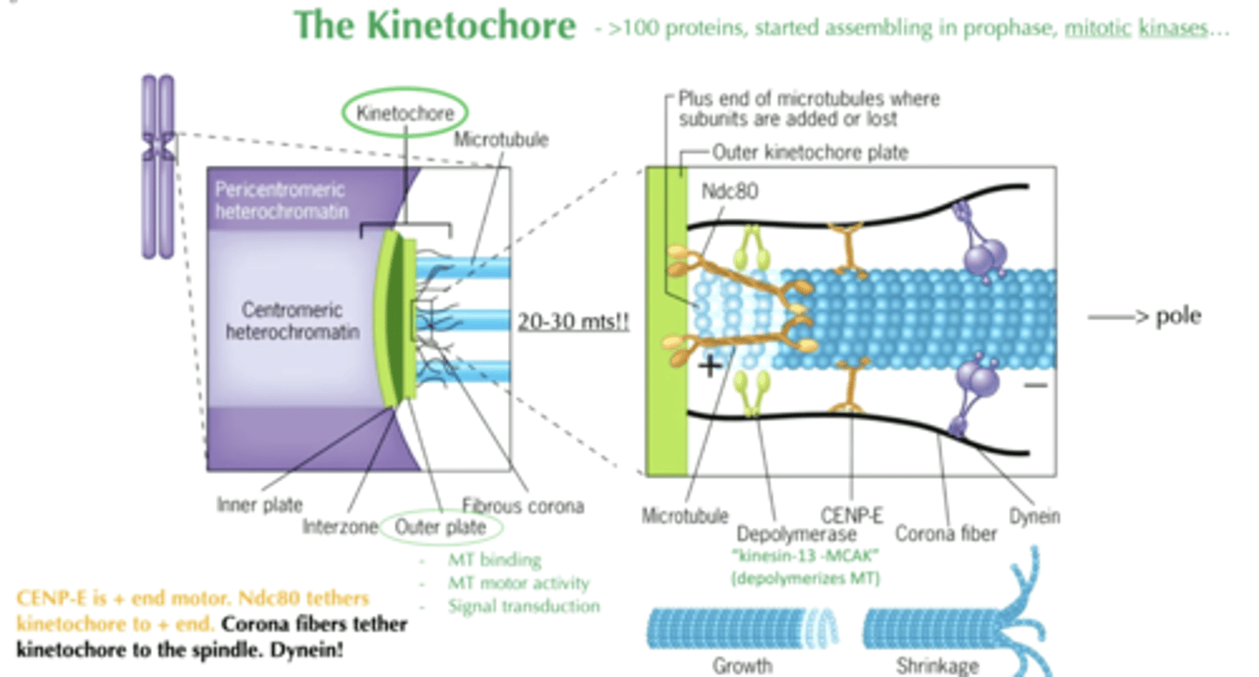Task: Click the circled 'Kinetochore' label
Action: point(405,114)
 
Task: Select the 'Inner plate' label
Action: point(260,505)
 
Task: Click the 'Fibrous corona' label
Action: point(523,506)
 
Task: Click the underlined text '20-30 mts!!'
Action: point(573,320)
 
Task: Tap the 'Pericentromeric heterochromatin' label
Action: point(280,200)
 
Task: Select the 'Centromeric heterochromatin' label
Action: point(292,321)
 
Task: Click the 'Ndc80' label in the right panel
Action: point(729,191)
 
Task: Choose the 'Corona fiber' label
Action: point(946,533)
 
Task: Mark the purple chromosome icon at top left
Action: point(159,166)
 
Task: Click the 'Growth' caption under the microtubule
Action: point(742,666)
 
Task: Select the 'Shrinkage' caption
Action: point(938,666)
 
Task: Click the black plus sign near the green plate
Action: point(710,365)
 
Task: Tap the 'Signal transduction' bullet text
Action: point(524,605)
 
